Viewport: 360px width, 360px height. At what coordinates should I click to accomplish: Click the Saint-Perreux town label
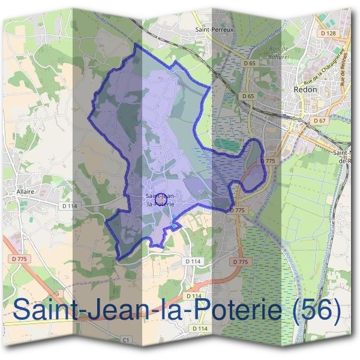(x=213, y=28)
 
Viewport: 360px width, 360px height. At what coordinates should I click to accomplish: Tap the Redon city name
(x=305, y=89)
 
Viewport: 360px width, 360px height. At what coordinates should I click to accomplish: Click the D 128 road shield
(x=328, y=34)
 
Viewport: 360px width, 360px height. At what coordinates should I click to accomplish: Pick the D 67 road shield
(x=319, y=121)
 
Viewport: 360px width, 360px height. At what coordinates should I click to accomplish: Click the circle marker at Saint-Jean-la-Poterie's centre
(x=160, y=197)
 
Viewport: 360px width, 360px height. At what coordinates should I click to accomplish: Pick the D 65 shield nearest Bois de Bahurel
(x=250, y=62)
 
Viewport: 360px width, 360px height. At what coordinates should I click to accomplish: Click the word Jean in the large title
(x=112, y=310)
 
